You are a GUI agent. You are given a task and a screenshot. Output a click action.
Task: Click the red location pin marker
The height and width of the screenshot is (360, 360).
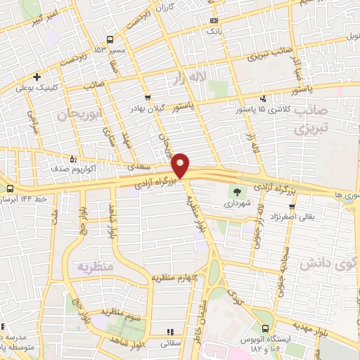coord(181,165)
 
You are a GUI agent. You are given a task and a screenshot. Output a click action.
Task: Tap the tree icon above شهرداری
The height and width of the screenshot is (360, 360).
coord(236,190)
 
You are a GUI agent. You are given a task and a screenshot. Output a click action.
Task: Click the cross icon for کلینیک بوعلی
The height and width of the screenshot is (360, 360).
coord(37,77)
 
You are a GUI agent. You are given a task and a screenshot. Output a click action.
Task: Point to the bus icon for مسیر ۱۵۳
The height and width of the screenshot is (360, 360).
coord(110,39)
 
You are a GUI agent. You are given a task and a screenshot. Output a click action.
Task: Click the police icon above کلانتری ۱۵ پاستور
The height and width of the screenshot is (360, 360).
coord(262,98)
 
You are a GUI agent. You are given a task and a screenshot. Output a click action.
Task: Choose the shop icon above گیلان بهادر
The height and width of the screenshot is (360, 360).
coord(147,98)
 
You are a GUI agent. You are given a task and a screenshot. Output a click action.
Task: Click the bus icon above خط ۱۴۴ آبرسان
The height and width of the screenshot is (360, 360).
coord(10,189)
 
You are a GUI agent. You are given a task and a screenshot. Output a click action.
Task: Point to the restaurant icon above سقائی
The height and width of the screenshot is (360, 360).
coord(169,332)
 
